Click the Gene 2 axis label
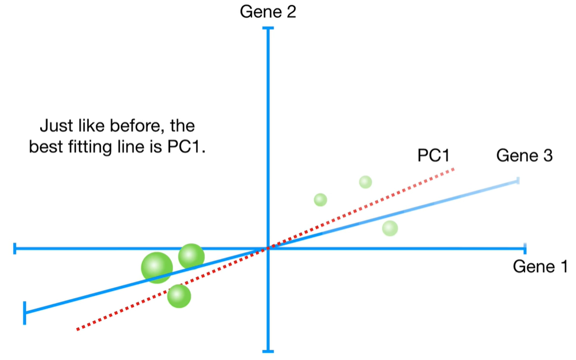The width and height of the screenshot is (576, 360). (268, 11)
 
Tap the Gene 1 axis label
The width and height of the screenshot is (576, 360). (540, 267)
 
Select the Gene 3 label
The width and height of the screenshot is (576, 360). (524, 155)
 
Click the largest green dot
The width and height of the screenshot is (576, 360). (157, 267)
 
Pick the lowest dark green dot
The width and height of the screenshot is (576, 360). (179, 296)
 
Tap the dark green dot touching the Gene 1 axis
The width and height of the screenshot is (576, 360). (191, 256)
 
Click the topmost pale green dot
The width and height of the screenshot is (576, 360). (366, 182)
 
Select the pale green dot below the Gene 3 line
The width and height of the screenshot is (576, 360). (390, 228)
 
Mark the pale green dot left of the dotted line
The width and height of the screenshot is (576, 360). (320, 199)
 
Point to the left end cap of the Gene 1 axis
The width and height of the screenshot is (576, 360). (14, 248)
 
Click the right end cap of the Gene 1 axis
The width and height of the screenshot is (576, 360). (524, 248)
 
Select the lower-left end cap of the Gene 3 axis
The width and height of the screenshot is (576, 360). (25, 312)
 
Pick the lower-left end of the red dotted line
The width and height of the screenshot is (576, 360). (77, 329)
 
